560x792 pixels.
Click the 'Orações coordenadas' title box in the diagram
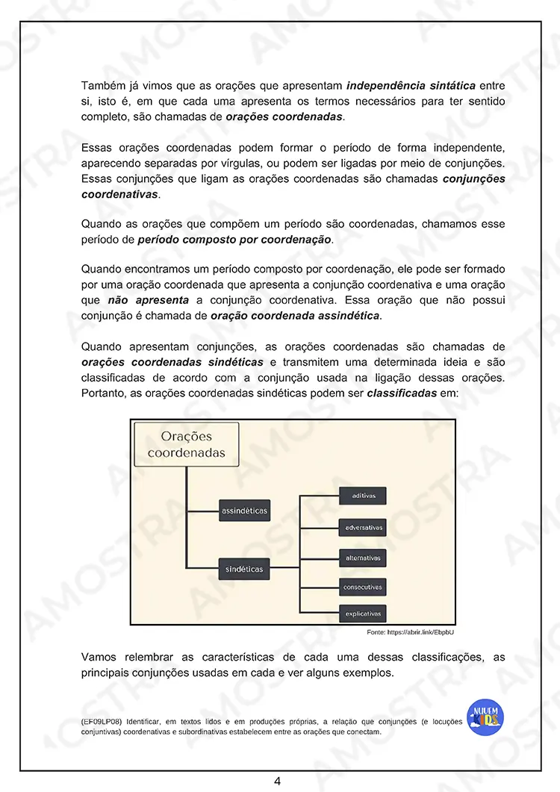tap(186, 445)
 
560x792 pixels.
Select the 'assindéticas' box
tap(244, 511)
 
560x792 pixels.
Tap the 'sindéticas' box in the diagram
tap(244, 569)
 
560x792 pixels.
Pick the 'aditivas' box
tap(363, 496)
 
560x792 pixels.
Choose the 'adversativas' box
tap(363, 527)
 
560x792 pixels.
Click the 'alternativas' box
tap(363, 558)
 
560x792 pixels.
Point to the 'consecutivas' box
tap(363, 587)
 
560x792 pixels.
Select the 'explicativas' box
tap(363, 614)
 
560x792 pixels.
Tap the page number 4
tap(277, 781)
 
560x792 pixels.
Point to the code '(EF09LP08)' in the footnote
tap(102, 722)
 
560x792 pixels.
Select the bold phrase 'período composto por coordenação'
tap(234, 240)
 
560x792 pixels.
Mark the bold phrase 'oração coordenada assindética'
tap(296, 316)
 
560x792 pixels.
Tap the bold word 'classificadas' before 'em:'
tap(402, 393)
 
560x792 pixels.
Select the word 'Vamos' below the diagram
tap(99, 657)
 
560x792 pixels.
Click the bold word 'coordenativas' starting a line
tap(119, 194)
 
